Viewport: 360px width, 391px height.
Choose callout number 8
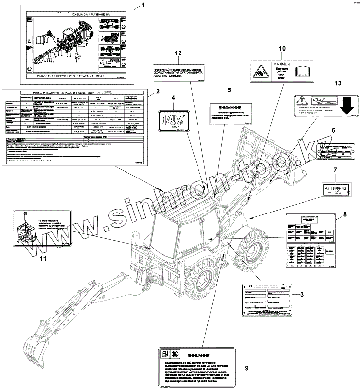(x=344, y=214)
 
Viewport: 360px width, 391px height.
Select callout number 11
(x=42, y=259)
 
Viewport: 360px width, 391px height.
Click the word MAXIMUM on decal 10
(x=281, y=64)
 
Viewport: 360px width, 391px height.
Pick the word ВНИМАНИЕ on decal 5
(x=229, y=107)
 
